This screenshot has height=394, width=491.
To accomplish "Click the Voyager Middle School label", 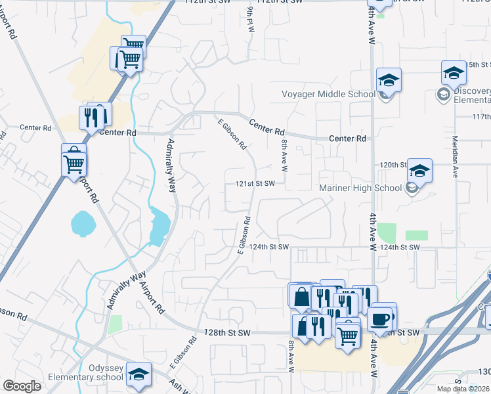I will click(x=328, y=94).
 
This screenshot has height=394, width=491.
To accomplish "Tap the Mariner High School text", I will click(x=360, y=188).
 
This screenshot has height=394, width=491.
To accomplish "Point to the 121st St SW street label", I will click(x=255, y=184).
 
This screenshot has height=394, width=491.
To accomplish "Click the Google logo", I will click(x=21, y=386).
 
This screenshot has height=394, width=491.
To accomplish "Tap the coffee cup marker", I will click(x=379, y=319).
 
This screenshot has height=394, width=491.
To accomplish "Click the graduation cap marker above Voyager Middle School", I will click(x=389, y=80).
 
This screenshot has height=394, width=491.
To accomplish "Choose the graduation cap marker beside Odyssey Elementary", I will click(x=139, y=374).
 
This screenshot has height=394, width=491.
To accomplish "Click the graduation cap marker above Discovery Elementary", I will click(x=453, y=73).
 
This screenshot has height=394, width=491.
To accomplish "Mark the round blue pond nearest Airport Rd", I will click(x=83, y=223).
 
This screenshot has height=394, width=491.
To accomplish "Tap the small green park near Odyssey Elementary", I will click(x=116, y=324).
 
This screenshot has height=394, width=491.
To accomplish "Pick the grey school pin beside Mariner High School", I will click(x=412, y=189).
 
